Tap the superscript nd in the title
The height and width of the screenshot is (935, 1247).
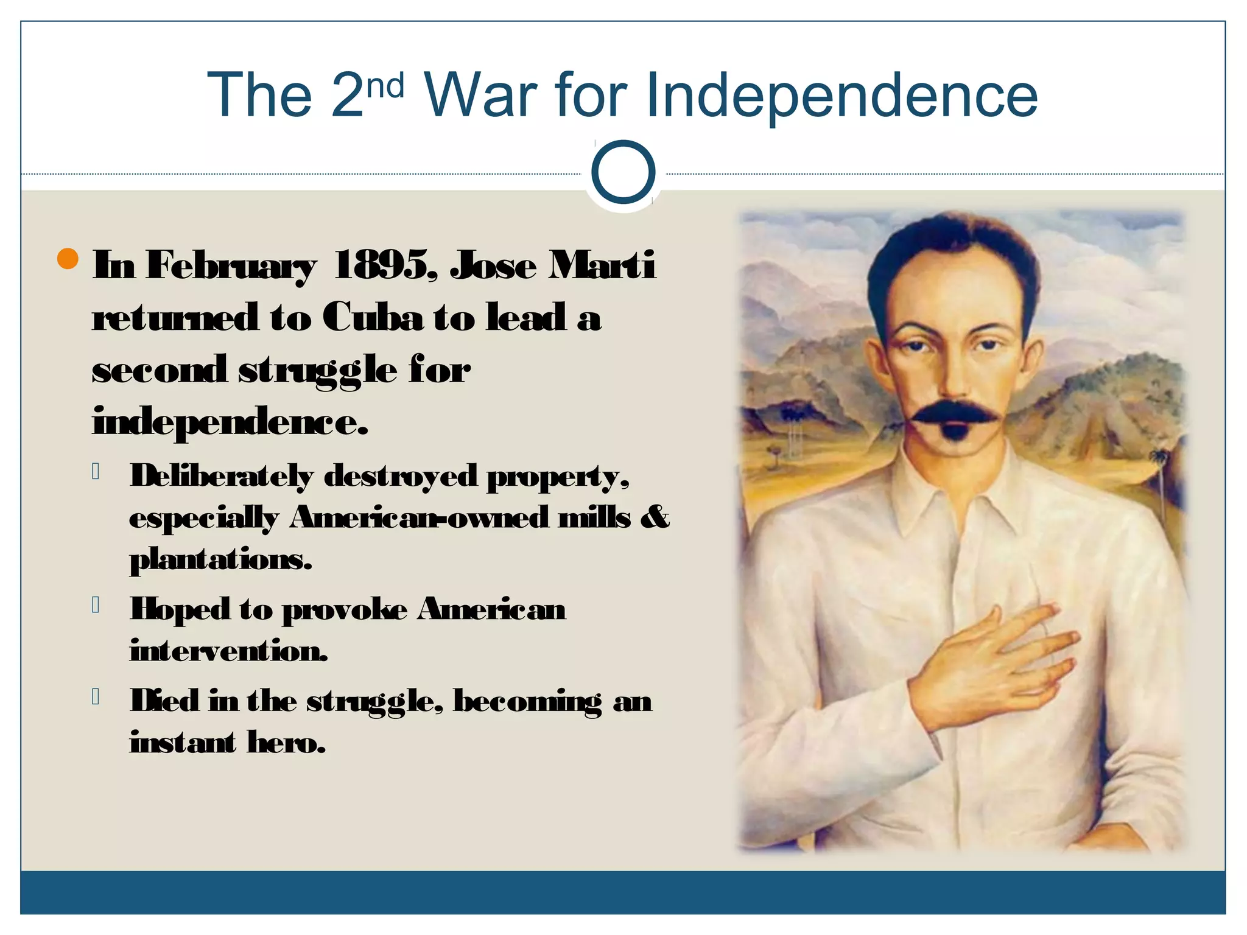[x=385, y=86]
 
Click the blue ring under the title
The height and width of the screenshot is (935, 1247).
[x=623, y=172]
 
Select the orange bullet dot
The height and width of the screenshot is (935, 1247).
[x=68, y=259]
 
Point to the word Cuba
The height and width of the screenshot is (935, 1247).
[x=372, y=318]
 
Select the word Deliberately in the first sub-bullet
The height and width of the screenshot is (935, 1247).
[x=222, y=476]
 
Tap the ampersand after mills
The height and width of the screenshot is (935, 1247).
[x=655, y=517]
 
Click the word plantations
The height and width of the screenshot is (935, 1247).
[x=220, y=559]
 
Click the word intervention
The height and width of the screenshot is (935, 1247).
[x=229, y=651]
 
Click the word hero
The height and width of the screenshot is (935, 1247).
[x=286, y=742]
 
